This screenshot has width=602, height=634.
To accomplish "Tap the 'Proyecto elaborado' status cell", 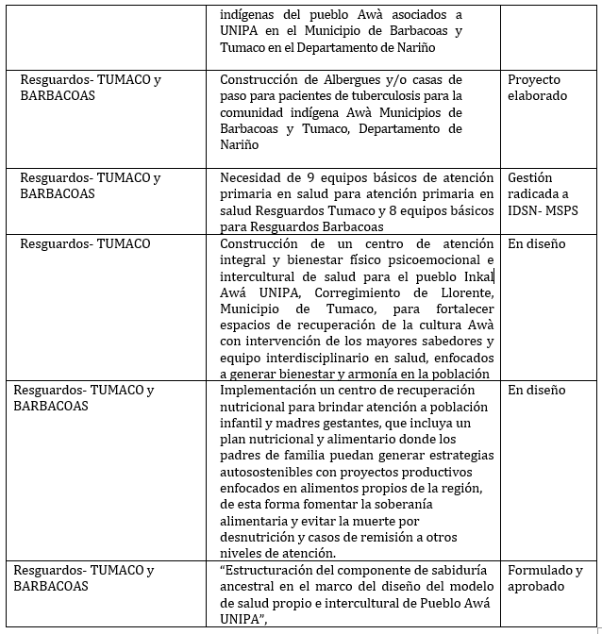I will pos(538,88).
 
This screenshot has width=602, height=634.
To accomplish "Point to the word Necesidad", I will pos(253,177).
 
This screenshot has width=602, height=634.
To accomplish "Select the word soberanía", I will pos(430,504).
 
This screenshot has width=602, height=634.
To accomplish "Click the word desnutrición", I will pos(260,537).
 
